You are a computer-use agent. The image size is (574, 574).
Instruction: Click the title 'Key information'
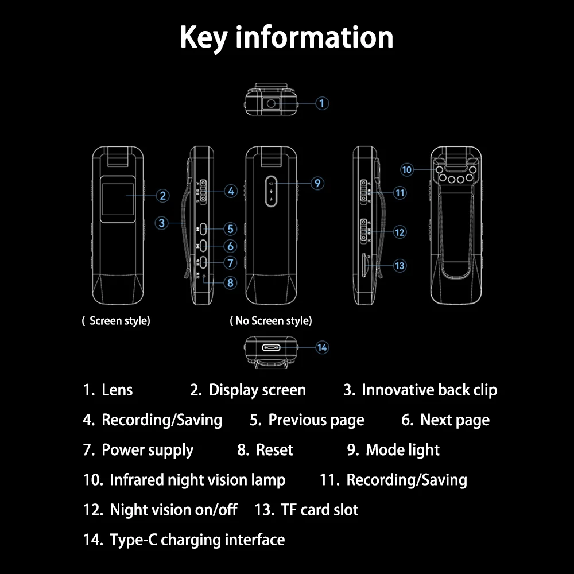286,37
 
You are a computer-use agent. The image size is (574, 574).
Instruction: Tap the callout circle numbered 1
322,103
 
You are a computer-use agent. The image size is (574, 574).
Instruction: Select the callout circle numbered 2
163,196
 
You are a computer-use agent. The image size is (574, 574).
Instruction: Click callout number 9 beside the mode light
317,184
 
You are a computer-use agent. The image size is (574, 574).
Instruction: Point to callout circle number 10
407,170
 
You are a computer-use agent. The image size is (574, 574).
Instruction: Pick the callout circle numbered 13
400,265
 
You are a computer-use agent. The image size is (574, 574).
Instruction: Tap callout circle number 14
322,347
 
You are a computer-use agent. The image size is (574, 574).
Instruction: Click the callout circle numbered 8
230,282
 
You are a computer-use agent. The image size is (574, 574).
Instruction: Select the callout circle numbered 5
230,229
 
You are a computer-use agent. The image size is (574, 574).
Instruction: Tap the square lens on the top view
271,103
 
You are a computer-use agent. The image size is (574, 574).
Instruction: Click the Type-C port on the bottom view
272,348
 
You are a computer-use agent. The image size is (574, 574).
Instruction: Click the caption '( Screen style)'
116,321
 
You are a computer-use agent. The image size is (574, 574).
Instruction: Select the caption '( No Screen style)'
271,321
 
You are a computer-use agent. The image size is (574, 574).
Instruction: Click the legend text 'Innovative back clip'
429,390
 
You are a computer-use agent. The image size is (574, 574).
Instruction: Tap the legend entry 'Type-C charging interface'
197,540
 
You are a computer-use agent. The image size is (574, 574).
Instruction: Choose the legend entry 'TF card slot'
319,510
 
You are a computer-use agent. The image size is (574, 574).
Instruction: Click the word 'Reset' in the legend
274,450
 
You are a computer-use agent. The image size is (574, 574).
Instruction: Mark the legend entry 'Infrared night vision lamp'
197,480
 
